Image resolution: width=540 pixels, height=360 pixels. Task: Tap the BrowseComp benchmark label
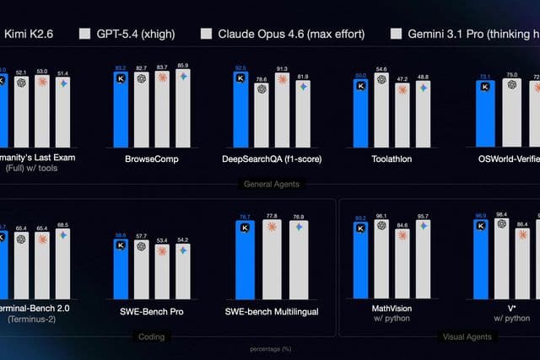coord(152,159)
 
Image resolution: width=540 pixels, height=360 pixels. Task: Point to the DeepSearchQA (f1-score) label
coord(271,159)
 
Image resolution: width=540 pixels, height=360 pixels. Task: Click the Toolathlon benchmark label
coord(391,159)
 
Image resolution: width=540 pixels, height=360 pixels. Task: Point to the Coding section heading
coord(153,336)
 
